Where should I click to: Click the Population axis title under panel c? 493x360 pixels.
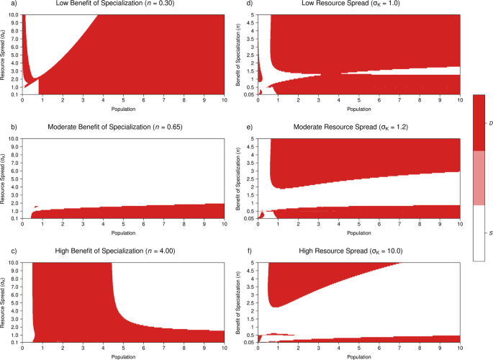click(123, 356)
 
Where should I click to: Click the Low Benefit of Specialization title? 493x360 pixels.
click(108, 4)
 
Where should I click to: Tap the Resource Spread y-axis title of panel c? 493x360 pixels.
click(6, 302)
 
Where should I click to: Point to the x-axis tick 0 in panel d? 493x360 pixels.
click(258, 100)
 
